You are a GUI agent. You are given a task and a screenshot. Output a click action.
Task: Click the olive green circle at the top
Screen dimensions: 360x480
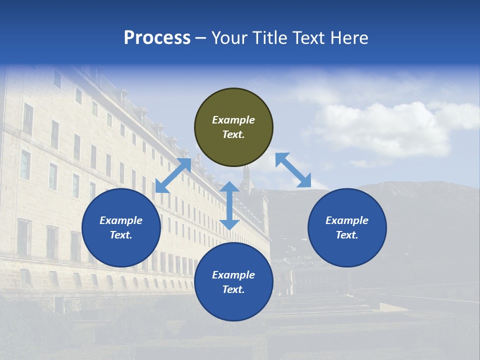[x=233, y=127]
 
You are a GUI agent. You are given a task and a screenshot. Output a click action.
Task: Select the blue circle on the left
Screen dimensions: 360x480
[x=121, y=228]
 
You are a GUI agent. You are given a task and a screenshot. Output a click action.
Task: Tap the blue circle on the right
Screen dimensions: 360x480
[x=347, y=228]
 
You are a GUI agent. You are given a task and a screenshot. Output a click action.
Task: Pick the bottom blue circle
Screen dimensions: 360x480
[x=233, y=282]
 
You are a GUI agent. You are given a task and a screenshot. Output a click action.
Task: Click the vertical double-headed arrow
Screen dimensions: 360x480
[x=229, y=205]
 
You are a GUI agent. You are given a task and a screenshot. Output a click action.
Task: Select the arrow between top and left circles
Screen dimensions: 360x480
[x=173, y=175]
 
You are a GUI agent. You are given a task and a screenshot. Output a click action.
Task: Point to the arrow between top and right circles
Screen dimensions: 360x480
[x=293, y=170]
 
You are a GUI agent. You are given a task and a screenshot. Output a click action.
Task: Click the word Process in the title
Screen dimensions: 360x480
[x=157, y=38]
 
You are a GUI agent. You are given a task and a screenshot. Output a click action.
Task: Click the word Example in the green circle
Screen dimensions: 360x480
[x=233, y=120]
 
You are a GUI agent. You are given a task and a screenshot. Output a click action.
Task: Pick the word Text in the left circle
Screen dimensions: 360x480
[x=121, y=235]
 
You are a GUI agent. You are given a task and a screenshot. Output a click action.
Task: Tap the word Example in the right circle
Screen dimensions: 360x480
[x=347, y=220]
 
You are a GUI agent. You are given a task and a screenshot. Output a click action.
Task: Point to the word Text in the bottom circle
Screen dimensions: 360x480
[x=233, y=290]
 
